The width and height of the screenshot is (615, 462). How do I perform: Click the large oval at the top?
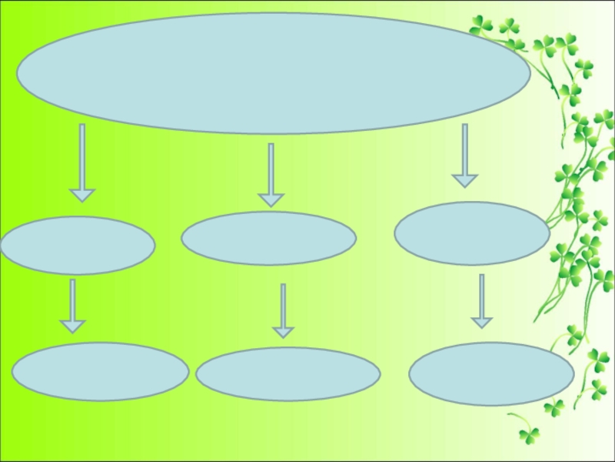pos(273,73)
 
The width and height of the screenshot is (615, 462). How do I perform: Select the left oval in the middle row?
pos(78,246)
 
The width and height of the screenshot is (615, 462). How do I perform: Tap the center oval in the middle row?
pos(268,239)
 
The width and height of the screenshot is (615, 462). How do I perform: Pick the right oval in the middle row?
pos(471,233)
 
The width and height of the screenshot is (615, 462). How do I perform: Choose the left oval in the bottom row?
pos(100,371)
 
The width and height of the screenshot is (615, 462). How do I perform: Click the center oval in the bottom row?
pos(288,374)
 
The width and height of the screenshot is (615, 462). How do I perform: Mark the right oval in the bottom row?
pos(491,373)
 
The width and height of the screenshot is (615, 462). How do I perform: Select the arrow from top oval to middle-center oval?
pos(271,173)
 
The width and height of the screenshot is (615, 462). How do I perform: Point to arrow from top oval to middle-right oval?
pos(464,154)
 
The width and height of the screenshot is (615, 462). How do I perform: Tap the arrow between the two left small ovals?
pos(72,304)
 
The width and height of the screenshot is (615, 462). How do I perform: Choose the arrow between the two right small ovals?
pos(482,300)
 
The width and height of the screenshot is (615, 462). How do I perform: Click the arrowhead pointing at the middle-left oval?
pos(82,194)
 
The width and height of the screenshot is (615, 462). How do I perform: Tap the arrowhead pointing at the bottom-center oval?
pos(283,332)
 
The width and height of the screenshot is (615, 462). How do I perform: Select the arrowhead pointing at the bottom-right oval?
pos(482,321)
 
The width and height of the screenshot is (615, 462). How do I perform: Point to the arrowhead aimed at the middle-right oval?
pos(464,181)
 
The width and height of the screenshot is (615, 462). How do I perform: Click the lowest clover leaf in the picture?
pos(529,435)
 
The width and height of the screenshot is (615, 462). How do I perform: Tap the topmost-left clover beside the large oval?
pos(482,25)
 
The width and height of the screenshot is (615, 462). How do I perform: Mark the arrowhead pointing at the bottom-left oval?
pos(72,326)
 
